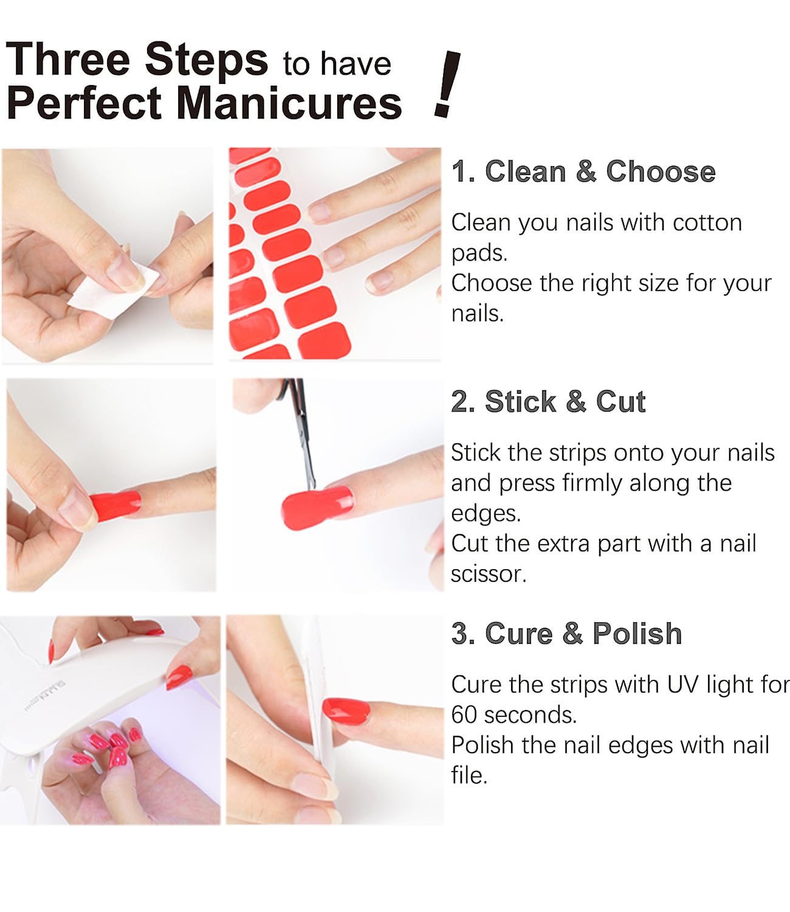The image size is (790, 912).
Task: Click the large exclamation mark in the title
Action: click(447, 84)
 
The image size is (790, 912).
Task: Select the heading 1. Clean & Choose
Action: click(583, 171)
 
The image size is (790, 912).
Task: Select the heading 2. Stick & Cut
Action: click(548, 401)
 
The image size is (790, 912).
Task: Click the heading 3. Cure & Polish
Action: click(566, 634)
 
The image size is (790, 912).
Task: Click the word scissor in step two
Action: click(487, 574)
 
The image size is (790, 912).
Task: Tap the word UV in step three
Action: click(683, 685)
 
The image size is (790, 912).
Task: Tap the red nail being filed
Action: click(346, 710)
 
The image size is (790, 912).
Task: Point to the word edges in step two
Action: click(486, 514)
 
